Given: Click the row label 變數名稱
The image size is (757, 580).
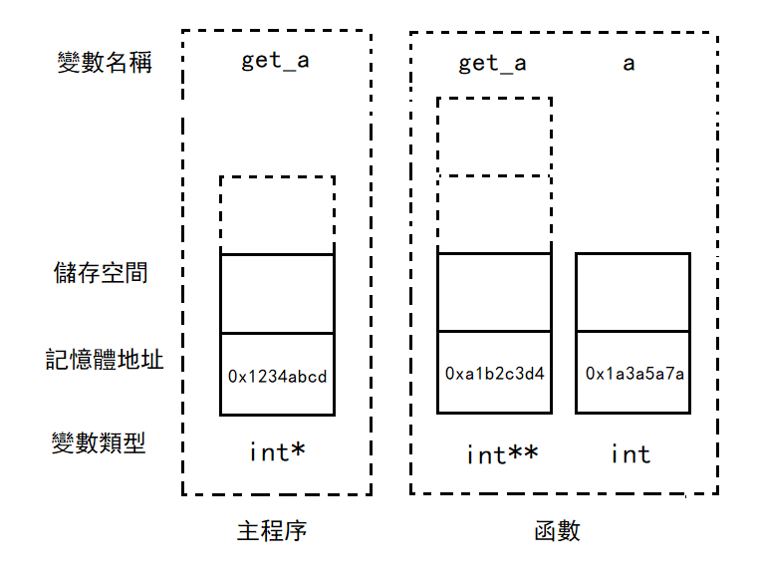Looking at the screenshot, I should click(105, 63).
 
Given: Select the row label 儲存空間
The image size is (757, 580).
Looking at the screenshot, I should click(101, 272).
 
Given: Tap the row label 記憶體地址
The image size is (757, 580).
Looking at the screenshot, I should click(105, 359).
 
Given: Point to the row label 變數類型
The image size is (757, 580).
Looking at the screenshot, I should click(99, 442).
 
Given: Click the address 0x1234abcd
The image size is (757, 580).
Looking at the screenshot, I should click(277, 377).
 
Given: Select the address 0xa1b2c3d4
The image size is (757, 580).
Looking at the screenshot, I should click(494, 374).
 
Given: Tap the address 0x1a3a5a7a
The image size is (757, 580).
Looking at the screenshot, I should click(633, 374).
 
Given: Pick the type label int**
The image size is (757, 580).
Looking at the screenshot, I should click(502, 454).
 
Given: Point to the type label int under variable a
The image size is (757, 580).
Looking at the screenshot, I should click(631, 454).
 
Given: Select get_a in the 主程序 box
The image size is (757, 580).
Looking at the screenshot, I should click(276, 61).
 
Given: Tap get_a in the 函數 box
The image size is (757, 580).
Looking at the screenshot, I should click(492, 64).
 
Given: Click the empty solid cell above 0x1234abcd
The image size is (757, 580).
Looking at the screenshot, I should click(277, 294).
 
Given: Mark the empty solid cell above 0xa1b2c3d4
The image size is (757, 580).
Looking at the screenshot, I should click(494, 292).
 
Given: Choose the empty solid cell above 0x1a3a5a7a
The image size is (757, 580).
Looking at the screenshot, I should click(633, 292).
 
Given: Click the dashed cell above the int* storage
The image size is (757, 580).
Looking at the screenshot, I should click(277, 215).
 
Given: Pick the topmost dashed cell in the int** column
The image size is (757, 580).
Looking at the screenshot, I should click(494, 137).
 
